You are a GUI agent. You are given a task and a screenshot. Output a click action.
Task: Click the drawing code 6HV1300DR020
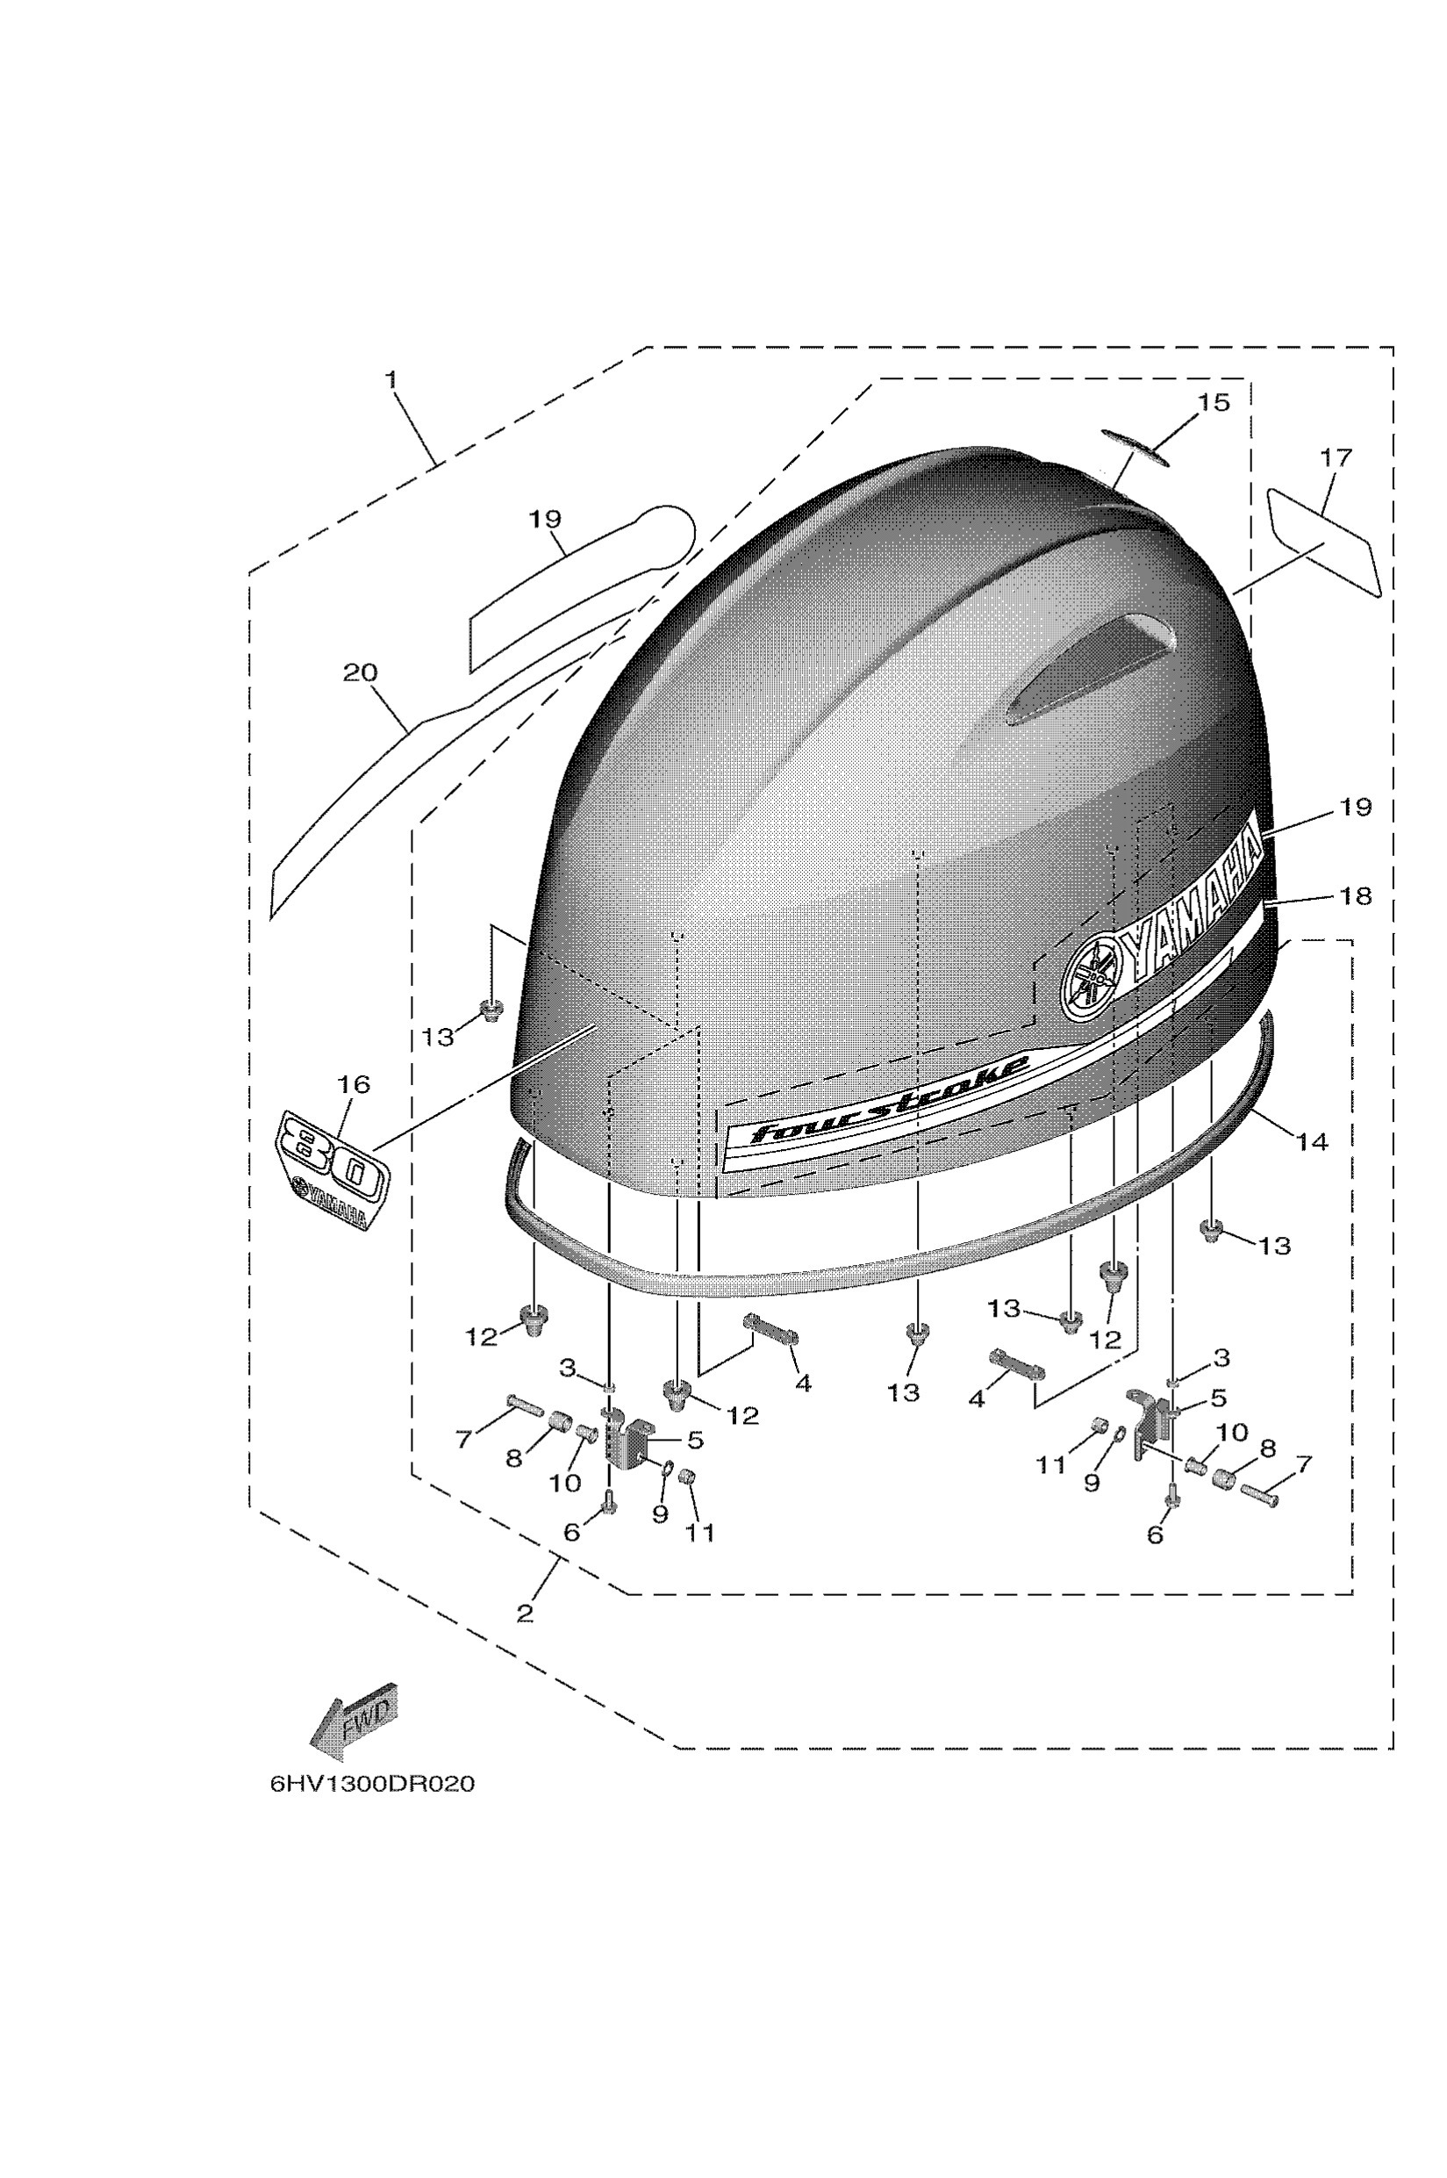point(373,1785)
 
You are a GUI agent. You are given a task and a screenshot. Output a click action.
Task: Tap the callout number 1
point(391,379)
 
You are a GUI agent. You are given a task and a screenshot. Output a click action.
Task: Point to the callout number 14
point(1311,1141)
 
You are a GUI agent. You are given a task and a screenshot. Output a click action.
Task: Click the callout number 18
point(1356,895)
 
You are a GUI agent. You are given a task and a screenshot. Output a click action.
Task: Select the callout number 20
point(360,672)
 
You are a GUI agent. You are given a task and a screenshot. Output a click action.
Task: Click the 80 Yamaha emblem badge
point(333,1171)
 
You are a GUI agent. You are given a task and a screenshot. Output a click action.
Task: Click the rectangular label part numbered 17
point(1324,542)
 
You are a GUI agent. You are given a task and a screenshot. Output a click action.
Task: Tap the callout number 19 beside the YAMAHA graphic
point(1356,806)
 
